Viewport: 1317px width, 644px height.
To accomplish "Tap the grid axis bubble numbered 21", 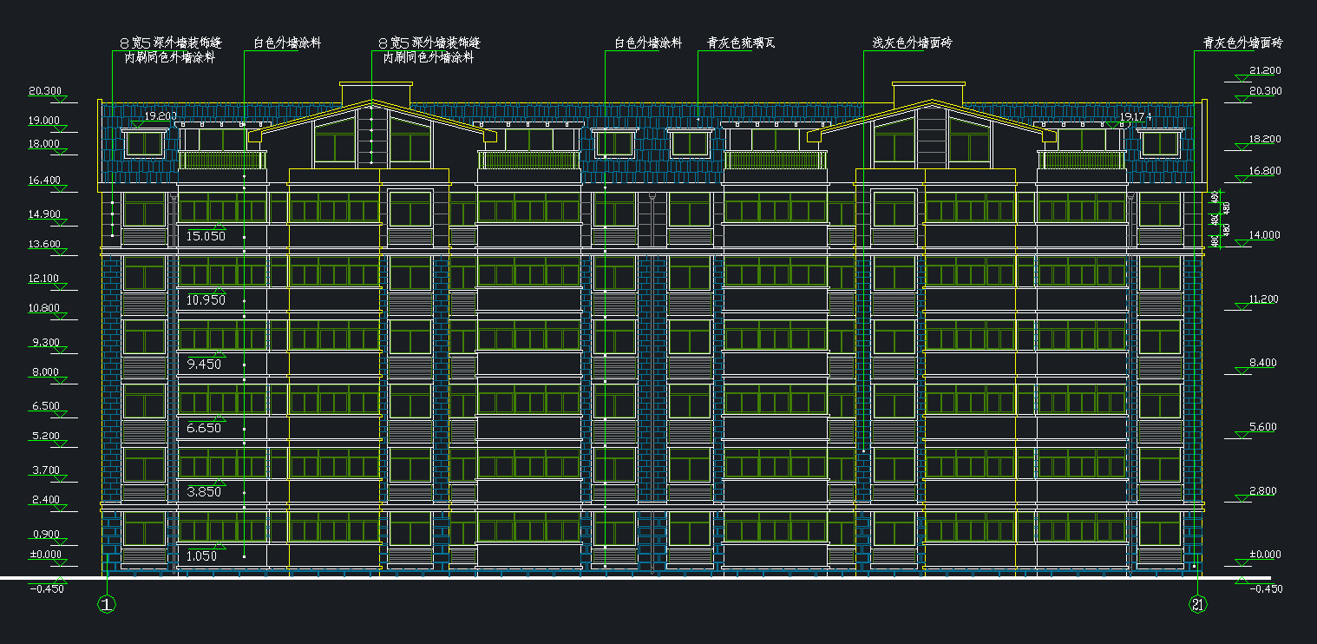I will [1198, 605].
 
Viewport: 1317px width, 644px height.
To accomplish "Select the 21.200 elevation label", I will [1265, 70].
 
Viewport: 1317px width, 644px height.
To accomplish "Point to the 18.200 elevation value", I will [1265, 139].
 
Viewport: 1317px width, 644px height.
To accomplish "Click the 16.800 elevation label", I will [1265, 171].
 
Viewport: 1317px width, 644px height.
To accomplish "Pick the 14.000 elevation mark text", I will [1265, 235].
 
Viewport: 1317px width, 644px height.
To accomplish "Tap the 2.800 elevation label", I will [1262, 491].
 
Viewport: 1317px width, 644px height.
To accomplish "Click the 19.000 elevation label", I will [44, 121].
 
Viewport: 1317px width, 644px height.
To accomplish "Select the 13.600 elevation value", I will [44, 245].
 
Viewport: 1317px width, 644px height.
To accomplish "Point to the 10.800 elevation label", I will [44, 308].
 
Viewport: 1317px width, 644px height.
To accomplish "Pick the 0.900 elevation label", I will [44, 534].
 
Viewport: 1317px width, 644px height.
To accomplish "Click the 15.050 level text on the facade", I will [206, 236].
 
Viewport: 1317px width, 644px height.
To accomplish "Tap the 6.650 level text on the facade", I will [204, 428].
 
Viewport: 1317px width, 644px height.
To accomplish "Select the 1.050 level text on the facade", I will [202, 556].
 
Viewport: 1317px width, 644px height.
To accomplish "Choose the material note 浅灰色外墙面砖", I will [911, 42].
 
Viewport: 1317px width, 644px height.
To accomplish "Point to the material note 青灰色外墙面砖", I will [1242, 42].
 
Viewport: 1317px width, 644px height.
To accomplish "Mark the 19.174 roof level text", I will [1135, 116].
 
